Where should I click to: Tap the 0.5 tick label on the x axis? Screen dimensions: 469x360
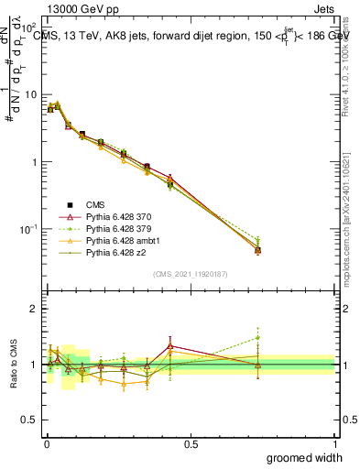pyautogui.click(x=191, y=444)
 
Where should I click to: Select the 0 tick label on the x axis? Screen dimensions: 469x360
pyautogui.click(x=47, y=444)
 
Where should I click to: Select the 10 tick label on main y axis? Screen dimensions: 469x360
pyautogui.click(x=30, y=94)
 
